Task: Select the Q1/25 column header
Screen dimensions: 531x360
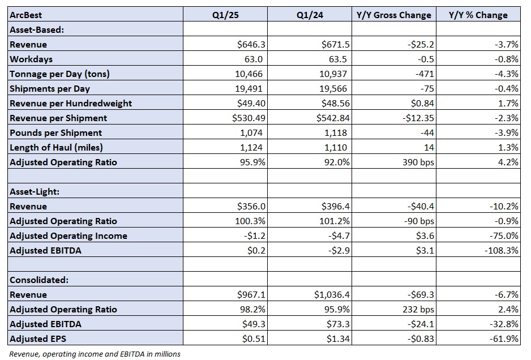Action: pyautogui.click(x=225, y=15)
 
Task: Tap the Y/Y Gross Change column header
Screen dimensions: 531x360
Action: pyautogui.click(x=394, y=15)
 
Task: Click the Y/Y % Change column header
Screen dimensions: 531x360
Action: pyautogui.click(x=478, y=15)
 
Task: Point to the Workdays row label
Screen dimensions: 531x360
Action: pyautogui.click(x=31, y=59)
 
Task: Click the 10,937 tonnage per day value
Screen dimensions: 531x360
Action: pyautogui.click(x=333, y=74)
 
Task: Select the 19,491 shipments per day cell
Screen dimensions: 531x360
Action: pyautogui.click(x=249, y=89)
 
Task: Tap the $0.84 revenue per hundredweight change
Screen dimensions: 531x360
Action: pyautogui.click(x=422, y=103)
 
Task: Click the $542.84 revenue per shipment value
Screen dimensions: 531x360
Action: pyautogui.click(x=333, y=118)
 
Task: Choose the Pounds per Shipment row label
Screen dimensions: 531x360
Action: pyautogui.click(x=56, y=133)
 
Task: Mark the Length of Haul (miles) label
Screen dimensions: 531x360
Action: pyautogui.click(x=56, y=148)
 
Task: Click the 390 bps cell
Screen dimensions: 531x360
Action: pyautogui.click(x=418, y=162)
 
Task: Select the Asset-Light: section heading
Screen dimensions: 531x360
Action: pyautogui.click(x=35, y=192)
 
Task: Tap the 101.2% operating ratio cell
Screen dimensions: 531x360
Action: pyautogui.click(x=335, y=221)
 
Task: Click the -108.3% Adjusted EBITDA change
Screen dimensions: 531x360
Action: pyautogui.click(x=501, y=251)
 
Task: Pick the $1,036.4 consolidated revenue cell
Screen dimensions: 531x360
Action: pyautogui.click(x=332, y=295)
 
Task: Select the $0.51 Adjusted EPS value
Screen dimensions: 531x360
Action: pyautogui.click(x=254, y=338)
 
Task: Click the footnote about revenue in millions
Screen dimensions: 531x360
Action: pyautogui.click(x=95, y=354)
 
